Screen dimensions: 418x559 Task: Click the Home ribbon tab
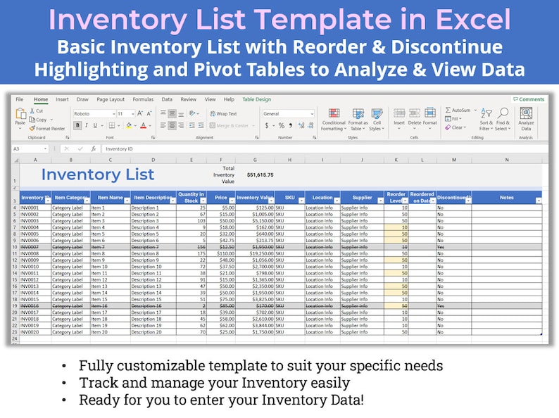point(41,100)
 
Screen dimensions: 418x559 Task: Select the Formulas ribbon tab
point(143,100)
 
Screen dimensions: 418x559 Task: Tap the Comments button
point(529,100)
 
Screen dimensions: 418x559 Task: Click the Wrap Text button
point(223,113)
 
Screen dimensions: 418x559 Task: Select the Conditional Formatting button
point(333,119)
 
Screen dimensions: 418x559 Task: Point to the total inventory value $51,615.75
point(260,175)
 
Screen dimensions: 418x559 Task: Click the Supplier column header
point(362,198)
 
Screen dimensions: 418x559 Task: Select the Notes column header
point(506,198)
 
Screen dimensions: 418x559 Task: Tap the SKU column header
point(289,198)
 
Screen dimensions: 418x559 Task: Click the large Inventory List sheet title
point(98,175)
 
